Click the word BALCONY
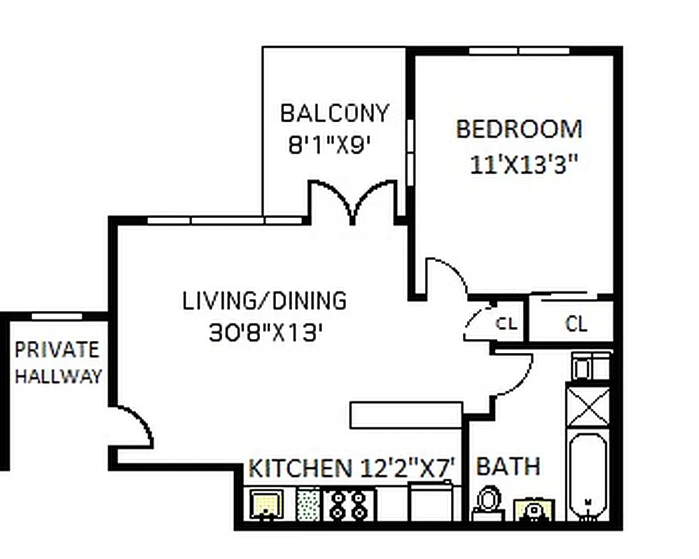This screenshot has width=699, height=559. pyautogui.click(x=333, y=112)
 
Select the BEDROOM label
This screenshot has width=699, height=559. pyautogui.click(x=519, y=129)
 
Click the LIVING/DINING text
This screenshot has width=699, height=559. pyautogui.click(x=264, y=300)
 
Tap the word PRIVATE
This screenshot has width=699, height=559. pyautogui.click(x=57, y=349)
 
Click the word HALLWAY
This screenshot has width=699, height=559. pyautogui.click(x=59, y=377)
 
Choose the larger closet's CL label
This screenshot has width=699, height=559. pyautogui.click(x=576, y=324)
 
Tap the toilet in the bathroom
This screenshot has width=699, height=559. pyautogui.click(x=488, y=502)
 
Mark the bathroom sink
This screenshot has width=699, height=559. pyautogui.click(x=533, y=509)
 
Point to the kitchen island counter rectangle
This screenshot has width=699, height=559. pyautogui.click(x=405, y=414)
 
